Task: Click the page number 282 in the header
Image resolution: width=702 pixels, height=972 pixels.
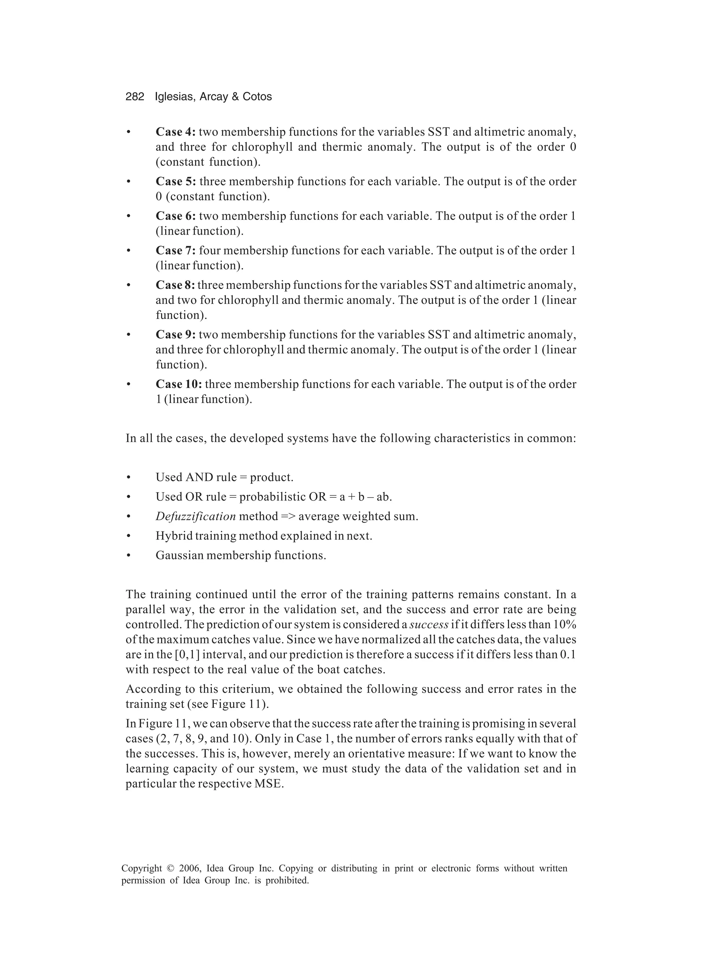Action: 135,97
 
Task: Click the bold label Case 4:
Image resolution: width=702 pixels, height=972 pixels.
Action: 175,132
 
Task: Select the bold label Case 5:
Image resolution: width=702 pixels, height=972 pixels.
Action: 176,181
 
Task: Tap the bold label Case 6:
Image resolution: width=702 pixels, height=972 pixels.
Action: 175,216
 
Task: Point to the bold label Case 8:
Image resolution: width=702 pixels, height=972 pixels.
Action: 175,285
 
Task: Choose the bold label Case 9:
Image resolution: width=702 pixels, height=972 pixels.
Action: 175,334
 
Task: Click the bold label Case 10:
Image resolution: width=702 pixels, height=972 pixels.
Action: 179,384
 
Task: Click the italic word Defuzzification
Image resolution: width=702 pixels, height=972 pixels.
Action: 195,516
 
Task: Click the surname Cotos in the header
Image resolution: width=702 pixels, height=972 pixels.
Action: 257,97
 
